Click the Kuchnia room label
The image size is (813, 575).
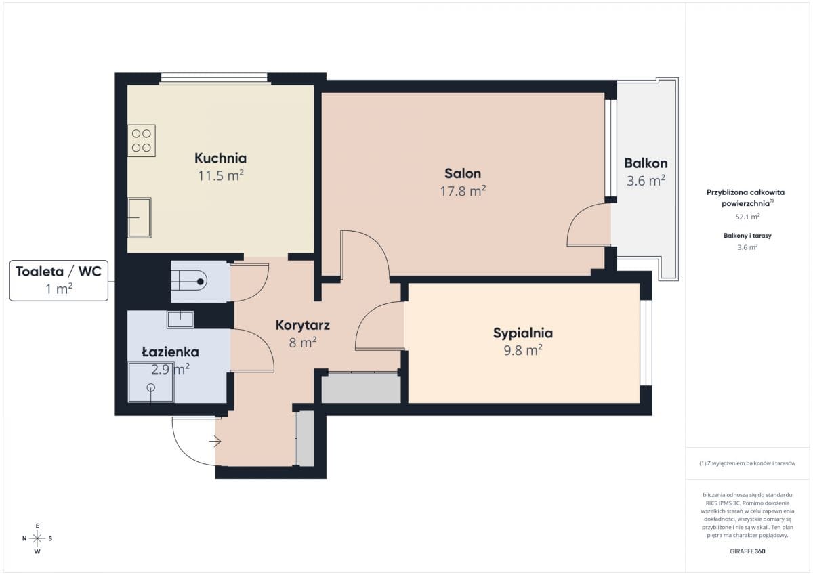point(220,158)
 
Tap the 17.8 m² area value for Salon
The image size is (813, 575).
point(463,191)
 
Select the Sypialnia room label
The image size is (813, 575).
point(522,333)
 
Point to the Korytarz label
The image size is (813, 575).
point(302,325)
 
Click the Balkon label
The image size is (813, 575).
point(646,163)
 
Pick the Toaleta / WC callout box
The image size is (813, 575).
point(59,280)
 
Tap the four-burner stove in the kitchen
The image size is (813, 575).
point(142,141)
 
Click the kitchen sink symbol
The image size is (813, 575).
point(140,217)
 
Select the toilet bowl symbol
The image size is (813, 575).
point(189,281)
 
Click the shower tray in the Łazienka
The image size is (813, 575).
point(151,382)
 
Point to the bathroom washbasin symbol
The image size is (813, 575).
point(180,320)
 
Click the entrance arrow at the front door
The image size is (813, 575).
point(215,442)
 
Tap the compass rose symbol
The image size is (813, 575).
point(37,538)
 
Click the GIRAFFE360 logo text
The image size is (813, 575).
point(747,551)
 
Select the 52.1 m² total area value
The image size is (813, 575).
point(747,217)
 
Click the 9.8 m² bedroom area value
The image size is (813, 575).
point(522,350)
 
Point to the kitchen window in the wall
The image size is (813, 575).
point(214,79)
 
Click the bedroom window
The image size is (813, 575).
point(646,343)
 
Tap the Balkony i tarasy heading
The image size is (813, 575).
point(747,236)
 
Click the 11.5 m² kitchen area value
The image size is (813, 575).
point(220,175)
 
